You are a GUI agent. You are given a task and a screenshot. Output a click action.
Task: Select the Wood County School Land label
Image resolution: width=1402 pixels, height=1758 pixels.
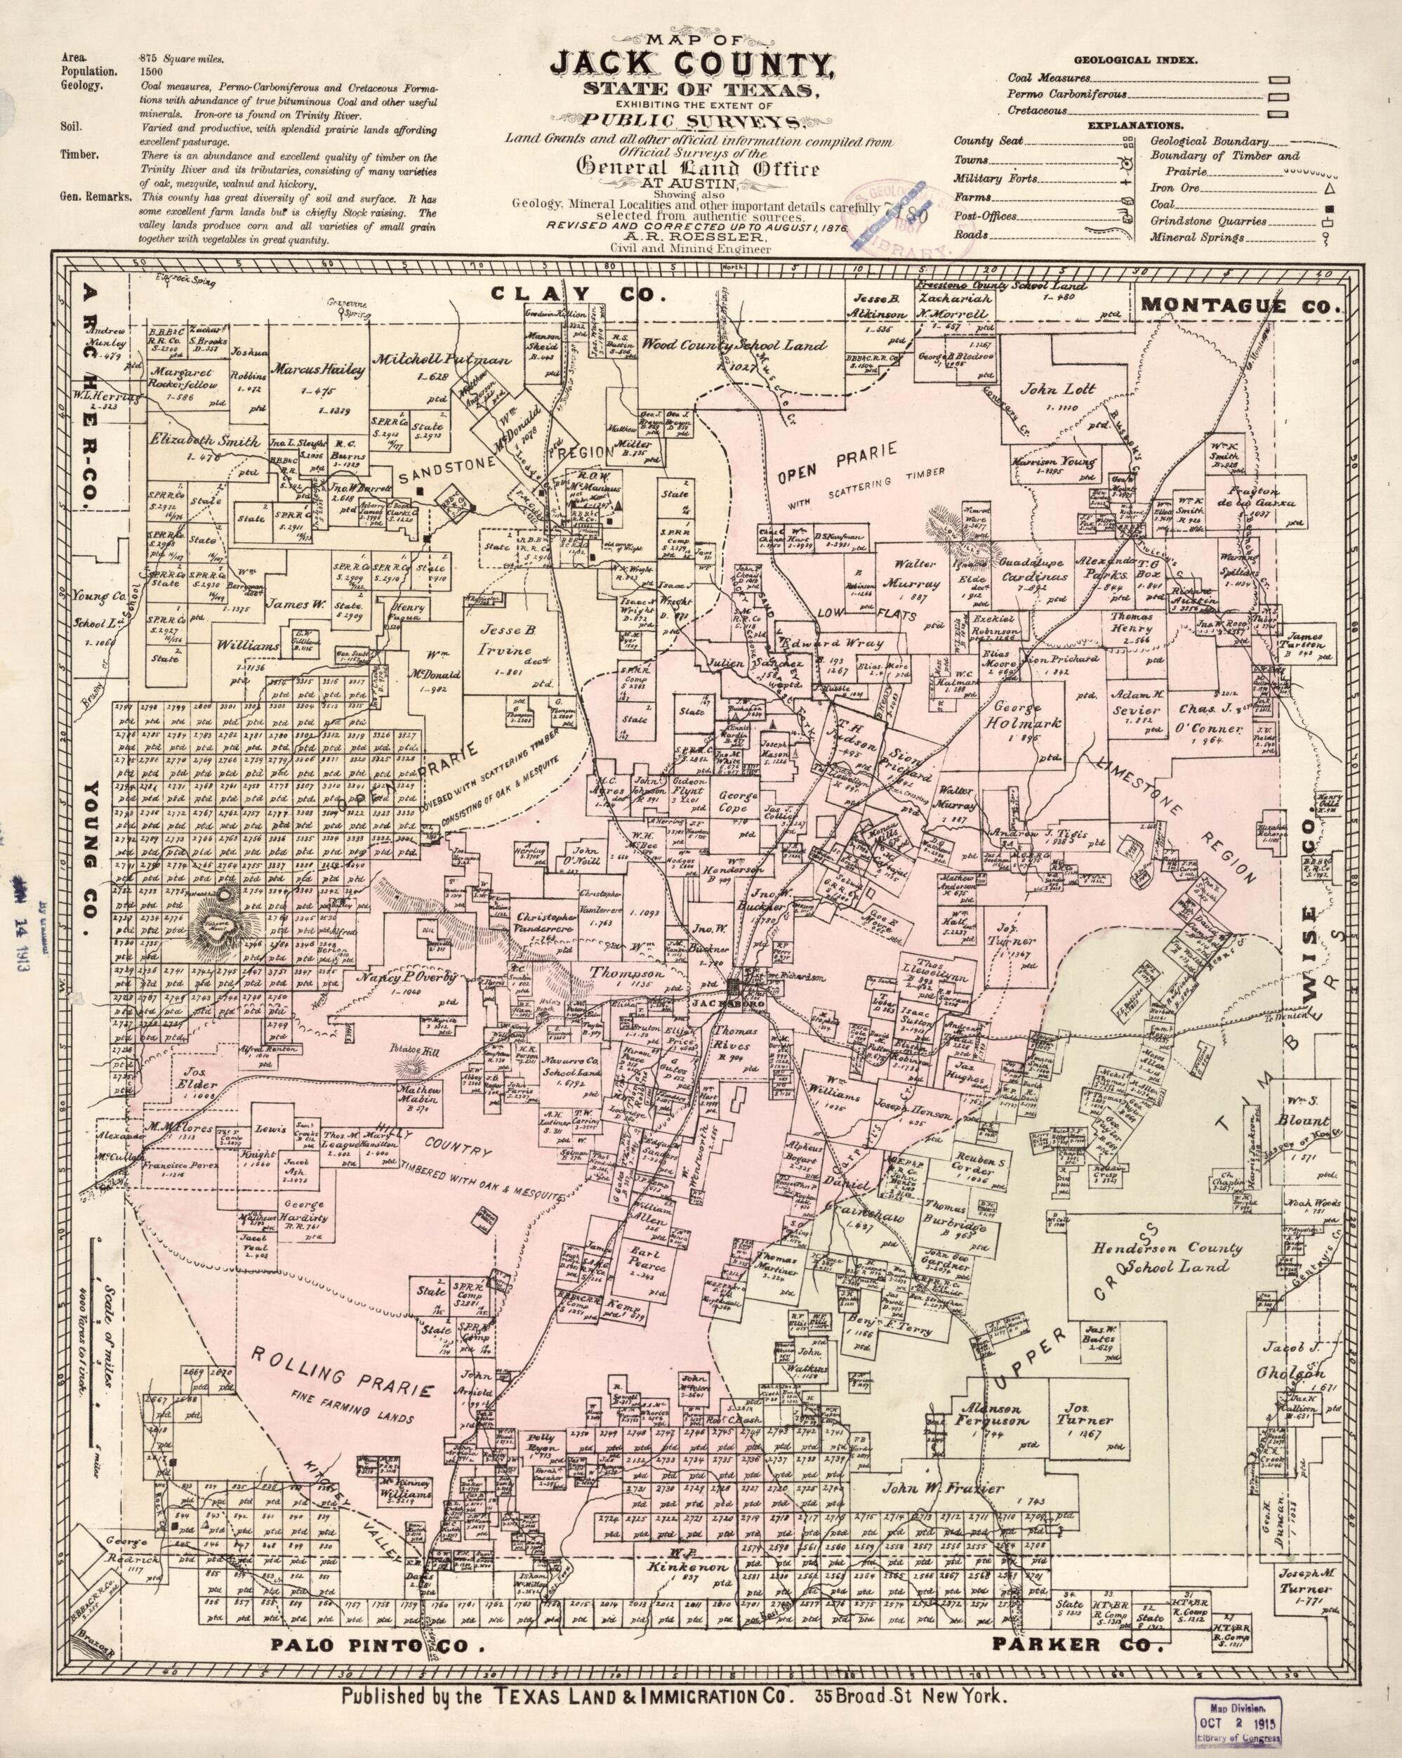click(743, 346)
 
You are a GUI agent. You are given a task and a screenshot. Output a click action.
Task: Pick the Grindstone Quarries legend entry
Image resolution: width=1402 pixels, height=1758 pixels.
click(1209, 221)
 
